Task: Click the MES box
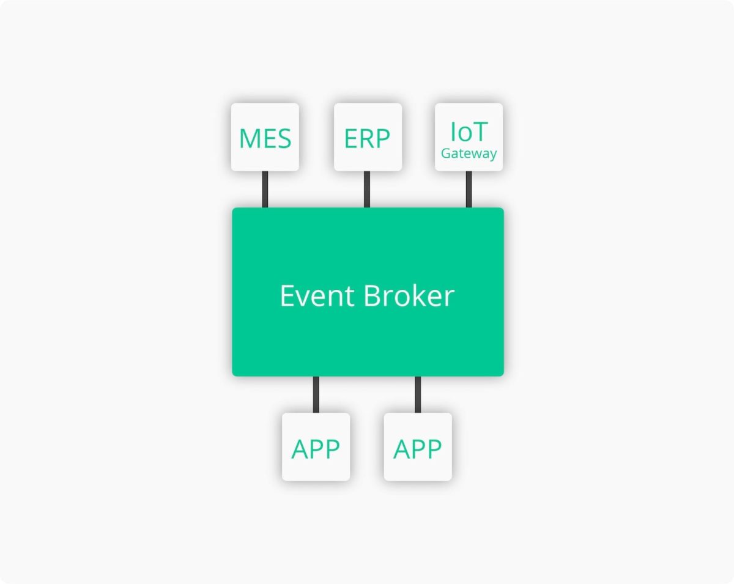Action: (265, 137)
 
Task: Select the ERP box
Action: (368, 137)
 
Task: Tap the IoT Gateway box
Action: (469, 137)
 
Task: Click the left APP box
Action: (316, 447)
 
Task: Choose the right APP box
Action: (418, 447)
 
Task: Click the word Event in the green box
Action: (317, 295)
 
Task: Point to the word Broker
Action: (409, 295)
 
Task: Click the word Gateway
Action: (469, 153)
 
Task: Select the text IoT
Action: (469, 131)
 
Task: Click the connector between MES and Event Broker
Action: (265, 190)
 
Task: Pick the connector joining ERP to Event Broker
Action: (367, 190)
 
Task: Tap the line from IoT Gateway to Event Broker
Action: (469, 190)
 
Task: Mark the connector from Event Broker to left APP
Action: (316, 394)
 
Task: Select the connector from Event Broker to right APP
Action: (418, 394)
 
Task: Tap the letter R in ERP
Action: (368, 138)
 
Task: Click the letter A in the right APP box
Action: (402, 449)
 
